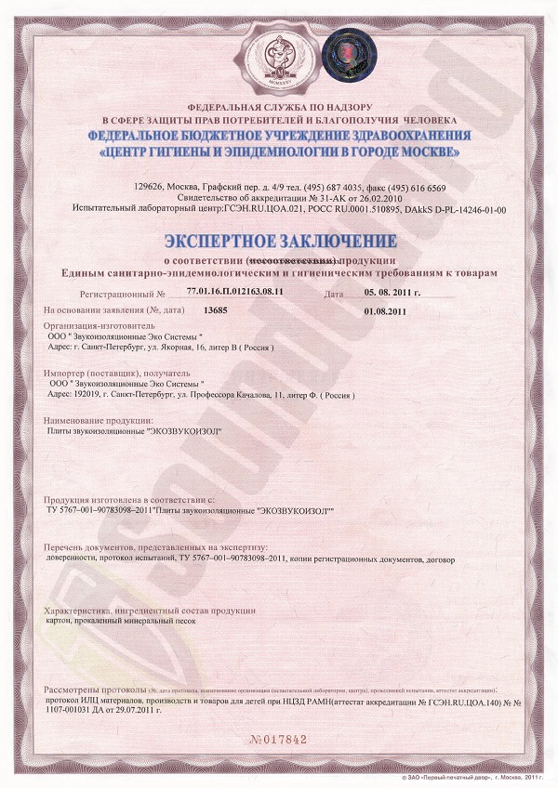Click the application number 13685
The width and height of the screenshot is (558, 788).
pyautogui.click(x=215, y=309)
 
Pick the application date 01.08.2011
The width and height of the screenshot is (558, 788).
pyautogui.click(x=386, y=309)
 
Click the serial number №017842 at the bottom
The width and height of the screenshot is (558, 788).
pyautogui.click(x=279, y=738)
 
